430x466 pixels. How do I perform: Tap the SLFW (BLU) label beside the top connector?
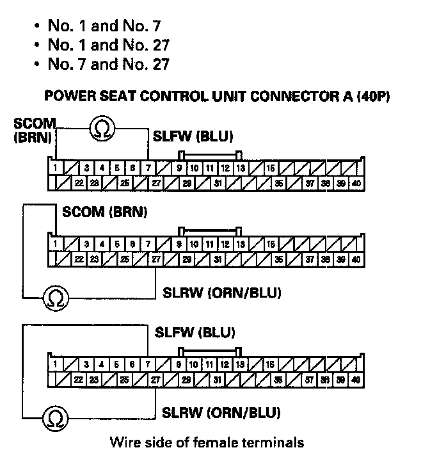193,136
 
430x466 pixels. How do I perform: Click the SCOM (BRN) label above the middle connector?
104,212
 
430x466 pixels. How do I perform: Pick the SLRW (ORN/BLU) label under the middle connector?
222,294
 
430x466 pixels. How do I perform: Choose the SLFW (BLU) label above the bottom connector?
196,332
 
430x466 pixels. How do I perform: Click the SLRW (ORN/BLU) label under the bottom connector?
222,412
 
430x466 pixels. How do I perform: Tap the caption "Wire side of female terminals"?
207,442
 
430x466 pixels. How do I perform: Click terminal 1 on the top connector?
56,168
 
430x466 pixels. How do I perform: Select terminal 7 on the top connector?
148,168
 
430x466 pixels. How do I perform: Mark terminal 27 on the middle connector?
155,259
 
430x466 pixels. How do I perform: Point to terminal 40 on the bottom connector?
356,380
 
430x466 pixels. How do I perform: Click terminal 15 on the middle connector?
271,244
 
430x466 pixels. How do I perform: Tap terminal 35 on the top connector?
279,183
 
